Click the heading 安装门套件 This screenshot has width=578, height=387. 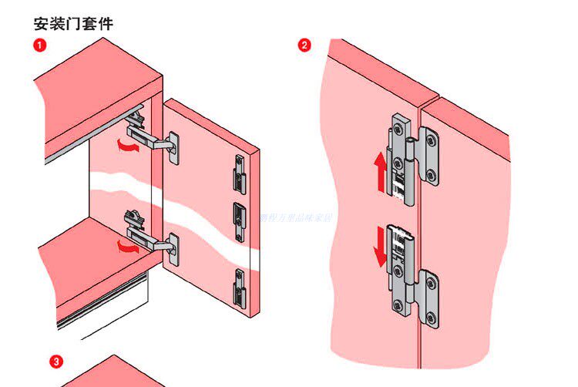[x=74, y=23]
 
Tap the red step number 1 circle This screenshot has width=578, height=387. [x=39, y=45]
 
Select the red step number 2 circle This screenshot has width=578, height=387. [x=304, y=45]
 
